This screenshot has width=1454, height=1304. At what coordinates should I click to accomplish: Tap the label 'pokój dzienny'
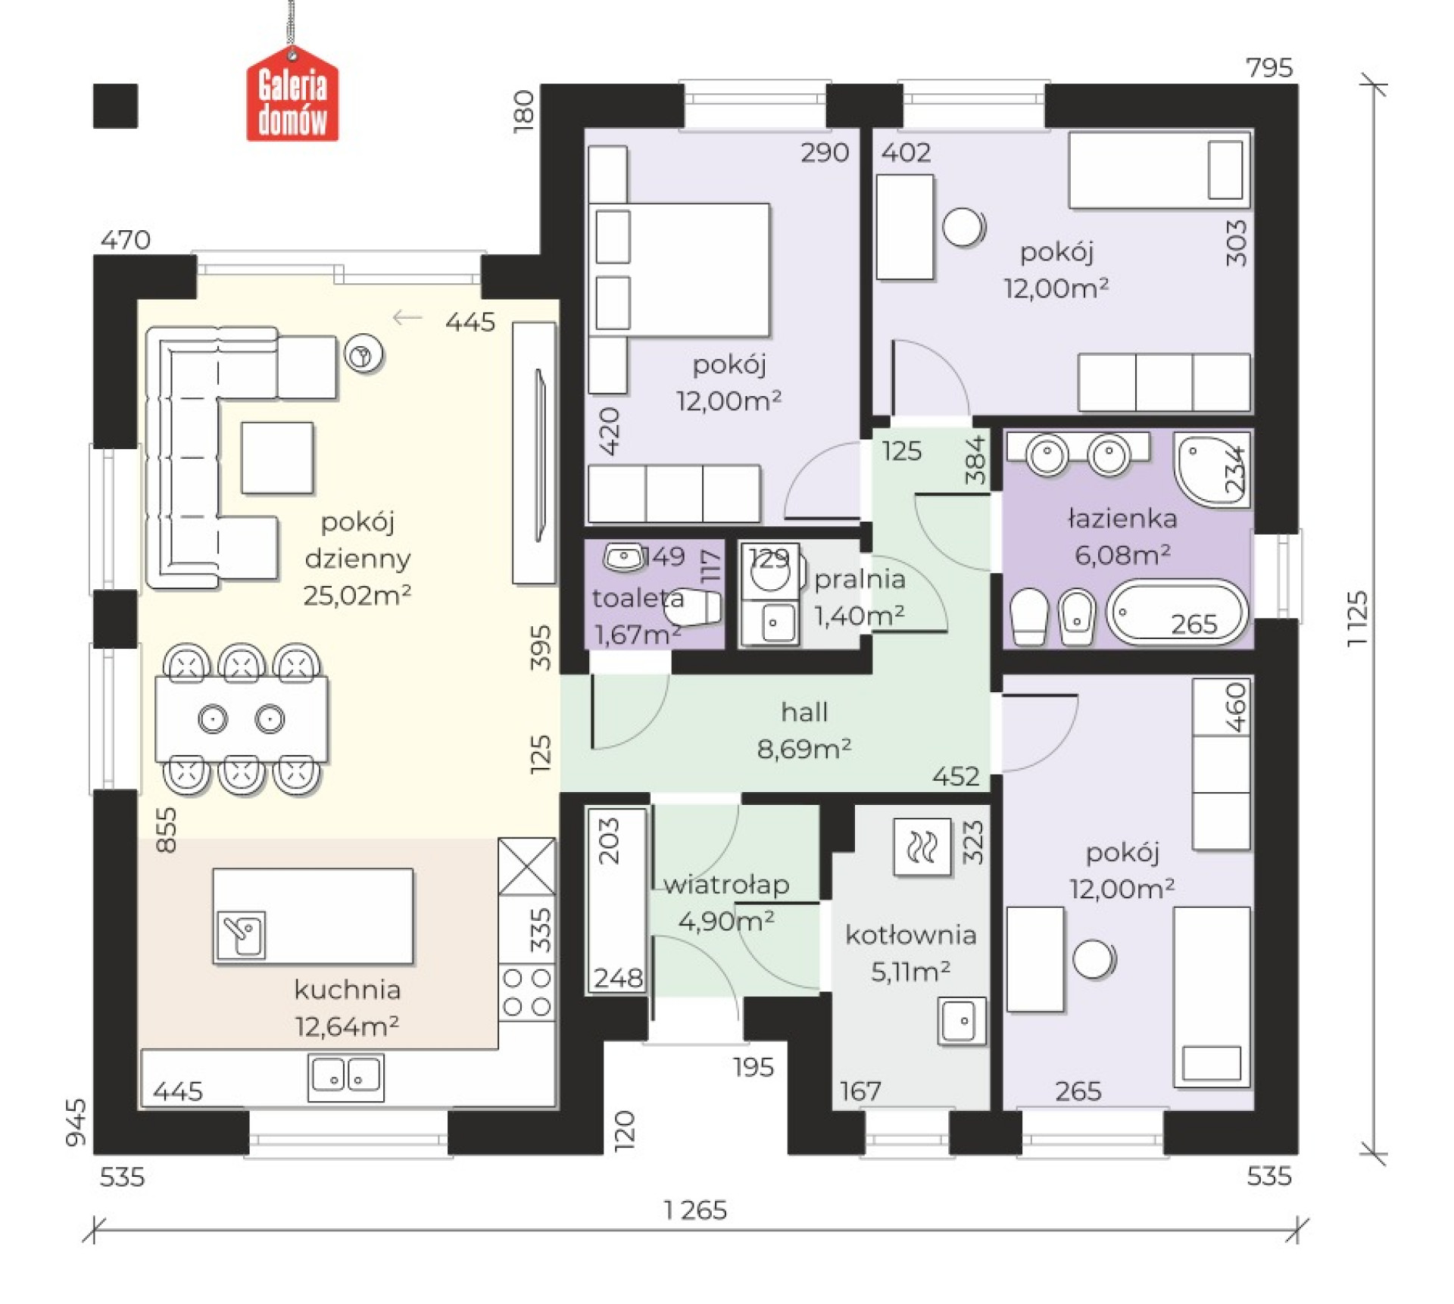tap(357, 540)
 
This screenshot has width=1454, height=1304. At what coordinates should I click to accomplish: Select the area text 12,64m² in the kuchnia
tap(347, 1026)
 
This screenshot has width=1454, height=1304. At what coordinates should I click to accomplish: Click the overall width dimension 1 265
tap(695, 1210)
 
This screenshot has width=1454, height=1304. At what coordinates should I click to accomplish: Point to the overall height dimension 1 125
tap(1358, 618)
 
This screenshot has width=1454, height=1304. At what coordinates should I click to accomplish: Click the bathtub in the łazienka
tap(1176, 613)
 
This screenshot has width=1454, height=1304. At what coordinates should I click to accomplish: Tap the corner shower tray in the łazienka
tap(1212, 470)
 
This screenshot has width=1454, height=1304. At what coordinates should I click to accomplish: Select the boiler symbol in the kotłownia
tap(922, 847)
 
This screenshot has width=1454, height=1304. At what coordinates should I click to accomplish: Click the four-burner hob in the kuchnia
tap(527, 992)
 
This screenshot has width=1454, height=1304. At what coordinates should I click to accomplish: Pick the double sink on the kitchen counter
tap(345, 1077)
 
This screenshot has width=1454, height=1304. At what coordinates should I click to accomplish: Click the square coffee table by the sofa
tap(277, 458)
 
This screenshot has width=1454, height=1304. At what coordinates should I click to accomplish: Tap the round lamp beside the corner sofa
tap(363, 354)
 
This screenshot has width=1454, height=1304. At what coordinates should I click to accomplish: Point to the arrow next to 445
tap(407, 318)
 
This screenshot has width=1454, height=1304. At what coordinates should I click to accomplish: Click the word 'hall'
tap(804, 712)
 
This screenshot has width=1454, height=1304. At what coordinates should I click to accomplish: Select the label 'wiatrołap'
tap(726, 884)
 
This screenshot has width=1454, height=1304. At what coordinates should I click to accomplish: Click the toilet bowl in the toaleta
tap(695, 607)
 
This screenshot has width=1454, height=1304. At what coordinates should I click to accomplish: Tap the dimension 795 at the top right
tap(1269, 67)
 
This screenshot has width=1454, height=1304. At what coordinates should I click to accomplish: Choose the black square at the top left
tap(115, 106)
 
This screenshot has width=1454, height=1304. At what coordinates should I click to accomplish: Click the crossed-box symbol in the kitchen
tap(527, 866)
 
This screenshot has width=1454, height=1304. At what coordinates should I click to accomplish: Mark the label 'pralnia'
tap(860, 579)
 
